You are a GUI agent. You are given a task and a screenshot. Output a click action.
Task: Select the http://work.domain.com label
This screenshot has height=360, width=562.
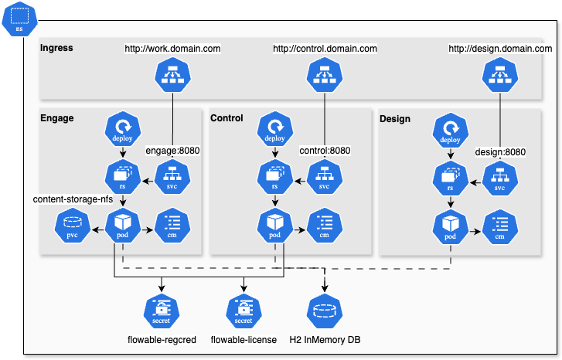[173, 49]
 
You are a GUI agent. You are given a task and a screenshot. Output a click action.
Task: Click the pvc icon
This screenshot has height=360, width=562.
[71, 226]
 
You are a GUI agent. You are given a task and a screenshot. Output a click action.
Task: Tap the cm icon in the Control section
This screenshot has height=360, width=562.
[325, 226]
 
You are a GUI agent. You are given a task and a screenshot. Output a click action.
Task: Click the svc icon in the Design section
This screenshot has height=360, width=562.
[499, 179]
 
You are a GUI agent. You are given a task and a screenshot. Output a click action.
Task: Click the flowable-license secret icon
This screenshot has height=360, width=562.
[244, 311]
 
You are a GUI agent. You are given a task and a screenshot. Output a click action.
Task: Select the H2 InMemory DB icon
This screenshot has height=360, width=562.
[325, 311]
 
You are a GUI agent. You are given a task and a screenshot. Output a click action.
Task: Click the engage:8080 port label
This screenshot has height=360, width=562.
[172, 151]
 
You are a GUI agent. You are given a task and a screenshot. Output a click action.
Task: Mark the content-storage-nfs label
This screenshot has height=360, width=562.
[73, 199]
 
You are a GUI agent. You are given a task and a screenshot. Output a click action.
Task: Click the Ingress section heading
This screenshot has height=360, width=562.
[56, 48]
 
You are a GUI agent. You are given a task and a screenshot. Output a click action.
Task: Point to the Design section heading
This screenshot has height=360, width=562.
[395, 119]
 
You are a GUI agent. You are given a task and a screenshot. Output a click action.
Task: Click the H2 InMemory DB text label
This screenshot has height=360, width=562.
[325, 340]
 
